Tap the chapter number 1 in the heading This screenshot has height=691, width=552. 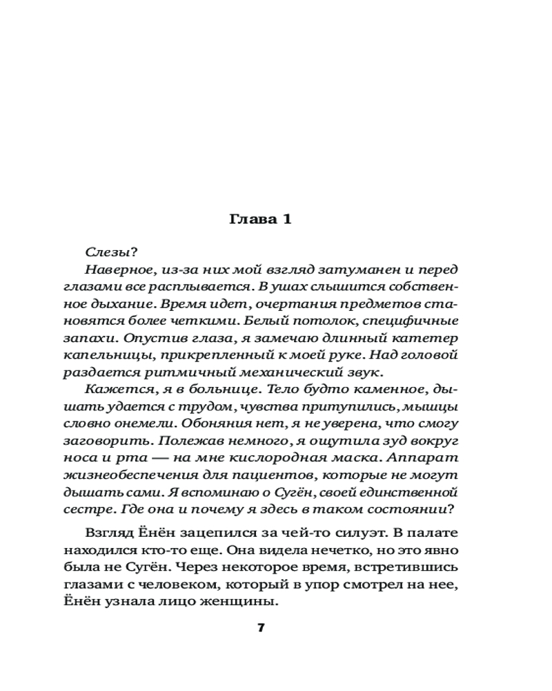point(286,220)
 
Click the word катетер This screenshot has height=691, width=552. point(428,339)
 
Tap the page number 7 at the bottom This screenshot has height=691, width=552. point(261,628)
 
